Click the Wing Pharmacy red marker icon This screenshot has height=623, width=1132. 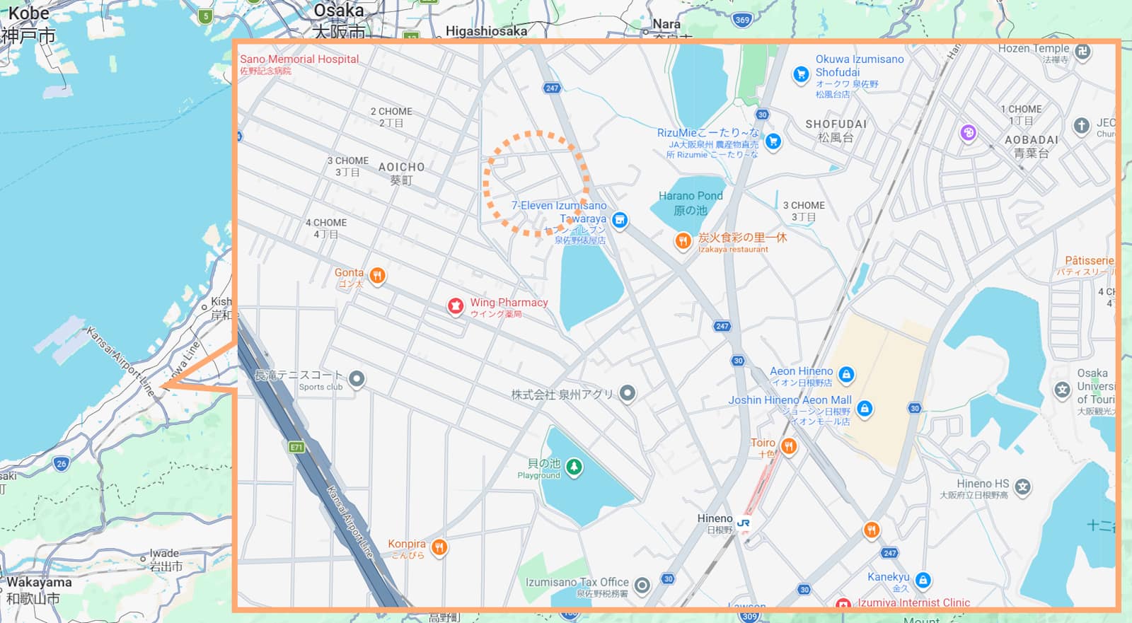click(456, 306)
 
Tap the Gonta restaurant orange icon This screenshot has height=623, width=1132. click(378, 275)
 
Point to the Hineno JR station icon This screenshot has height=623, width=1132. click(744, 523)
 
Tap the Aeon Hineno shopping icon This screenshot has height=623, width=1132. click(846, 374)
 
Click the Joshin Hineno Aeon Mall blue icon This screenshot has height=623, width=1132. click(864, 408)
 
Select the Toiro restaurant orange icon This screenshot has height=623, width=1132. click(789, 446)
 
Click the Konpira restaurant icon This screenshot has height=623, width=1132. click(439, 547)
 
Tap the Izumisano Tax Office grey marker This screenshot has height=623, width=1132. click(642, 585)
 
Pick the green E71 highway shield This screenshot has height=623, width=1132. click(296, 447)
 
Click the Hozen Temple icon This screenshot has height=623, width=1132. click(1082, 51)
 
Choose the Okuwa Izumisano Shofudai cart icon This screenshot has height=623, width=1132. click(801, 74)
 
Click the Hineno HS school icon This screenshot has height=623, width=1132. click(1022, 486)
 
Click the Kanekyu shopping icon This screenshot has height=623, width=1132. click(923, 581)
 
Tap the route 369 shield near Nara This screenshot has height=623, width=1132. click(742, 20)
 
